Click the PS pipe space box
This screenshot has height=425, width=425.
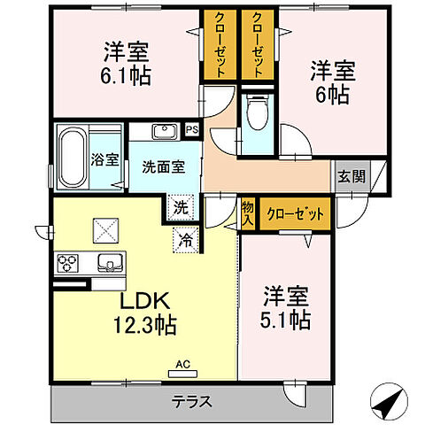click(x=192, y=131)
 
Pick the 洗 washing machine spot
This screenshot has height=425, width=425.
click(x=180, y=209)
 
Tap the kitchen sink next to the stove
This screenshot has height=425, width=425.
click(x=109, y=263)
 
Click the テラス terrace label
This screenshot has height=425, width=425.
click(x=191, y=401)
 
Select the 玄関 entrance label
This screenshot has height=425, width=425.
click(x=350, y=175)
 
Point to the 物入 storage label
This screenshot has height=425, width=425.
click(x=247, y=212)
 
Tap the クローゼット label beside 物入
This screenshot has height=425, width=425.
click(x=295, y=212)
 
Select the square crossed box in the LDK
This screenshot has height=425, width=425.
click(x=104, y=230)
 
